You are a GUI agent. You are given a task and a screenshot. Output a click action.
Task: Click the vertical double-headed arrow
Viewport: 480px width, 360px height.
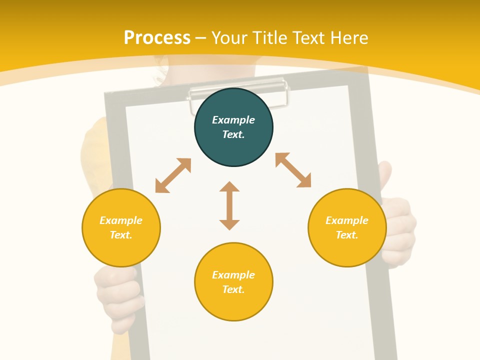pyautogui.click(x=229, y=205)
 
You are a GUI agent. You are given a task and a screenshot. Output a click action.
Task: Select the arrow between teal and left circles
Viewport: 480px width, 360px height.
pyautogui.click(x=173, y=175)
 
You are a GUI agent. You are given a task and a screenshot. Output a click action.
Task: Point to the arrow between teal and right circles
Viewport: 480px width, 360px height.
pyautogui.click(x=293, y=170)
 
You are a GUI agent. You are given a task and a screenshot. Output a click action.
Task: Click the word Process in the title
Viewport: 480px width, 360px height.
pyautogui.click(x=157, y=37)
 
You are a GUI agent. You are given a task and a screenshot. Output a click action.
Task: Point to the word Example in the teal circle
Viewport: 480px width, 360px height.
pyautogui.click(x=233, y=120)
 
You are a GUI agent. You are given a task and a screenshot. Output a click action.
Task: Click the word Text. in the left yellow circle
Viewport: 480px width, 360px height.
pyautogui.click(x=121, y=235)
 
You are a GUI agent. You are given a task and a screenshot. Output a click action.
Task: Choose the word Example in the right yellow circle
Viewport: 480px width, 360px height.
pyautogui.click(x=347, y=220)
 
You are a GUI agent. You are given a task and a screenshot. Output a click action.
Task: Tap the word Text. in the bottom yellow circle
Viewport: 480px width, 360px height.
pyautogui.click(x=233, y=289)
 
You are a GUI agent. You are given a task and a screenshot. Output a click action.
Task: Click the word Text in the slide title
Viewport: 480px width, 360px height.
pyautogui.click(x=308, y=37)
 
